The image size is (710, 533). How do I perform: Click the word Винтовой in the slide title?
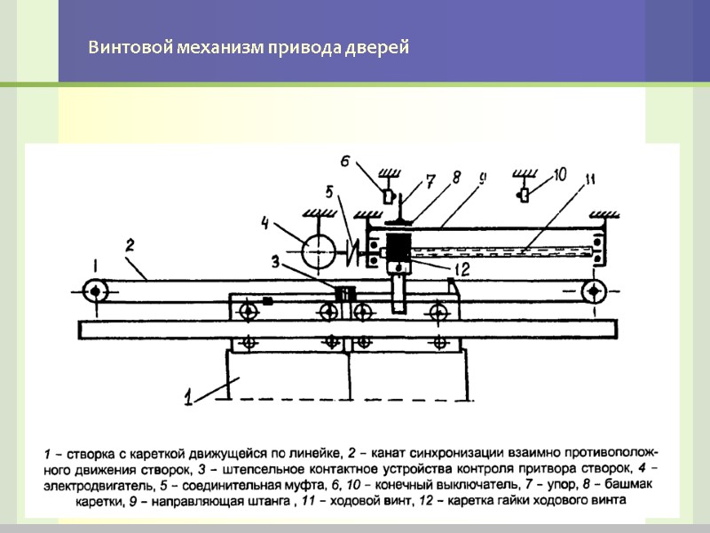(119, 47)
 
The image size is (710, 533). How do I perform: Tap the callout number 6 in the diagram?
(346, 162)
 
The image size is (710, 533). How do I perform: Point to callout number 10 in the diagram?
(559, 175)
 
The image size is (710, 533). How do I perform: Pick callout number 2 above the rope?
(130, 243)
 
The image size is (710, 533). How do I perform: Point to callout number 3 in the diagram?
(276, 262)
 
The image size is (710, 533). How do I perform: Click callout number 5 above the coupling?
(328, 191)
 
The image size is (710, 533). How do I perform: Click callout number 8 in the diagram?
(456, 177)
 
